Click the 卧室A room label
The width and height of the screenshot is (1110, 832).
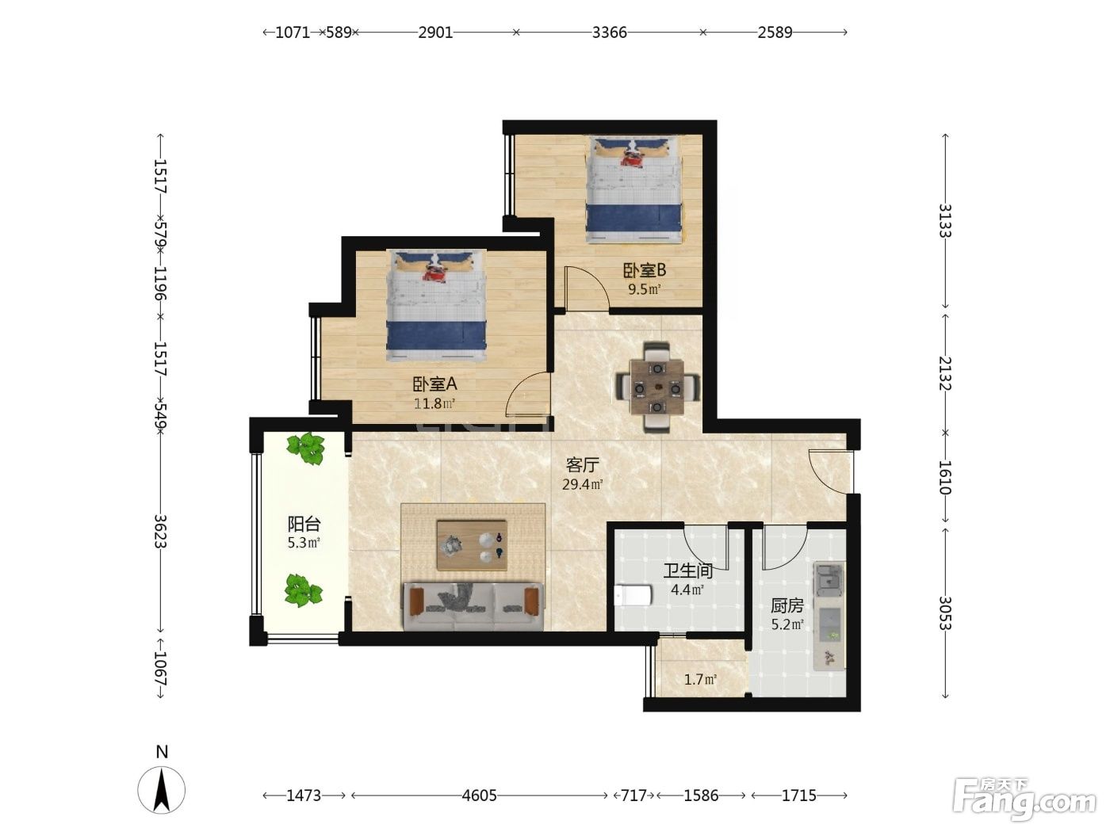click(x=435, y=384)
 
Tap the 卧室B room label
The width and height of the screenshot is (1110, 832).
click(x=644, y=271)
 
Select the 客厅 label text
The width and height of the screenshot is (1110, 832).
click(x=583, y=464)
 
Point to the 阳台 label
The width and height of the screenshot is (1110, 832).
click(x=304, y=524)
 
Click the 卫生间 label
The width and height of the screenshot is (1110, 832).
click(x=687, y=571)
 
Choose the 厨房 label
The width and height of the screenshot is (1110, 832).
click(x=787, y=605)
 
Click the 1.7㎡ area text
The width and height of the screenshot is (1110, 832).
click(x=700, y=679)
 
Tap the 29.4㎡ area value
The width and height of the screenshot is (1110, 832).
click(x=583, y=484)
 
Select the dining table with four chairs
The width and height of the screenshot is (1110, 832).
click(x=657, y=387)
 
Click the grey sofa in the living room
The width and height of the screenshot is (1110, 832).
click(x=473, y=606)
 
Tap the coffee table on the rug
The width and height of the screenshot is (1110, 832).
click(x=472, y=545)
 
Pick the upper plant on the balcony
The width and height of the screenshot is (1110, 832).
click(x=305, y=448)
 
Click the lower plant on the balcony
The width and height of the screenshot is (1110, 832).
click(x=303, y=590)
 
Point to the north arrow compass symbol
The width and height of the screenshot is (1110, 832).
click(x=161, y=789)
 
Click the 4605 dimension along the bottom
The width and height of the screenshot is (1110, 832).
click(x=479, y=796)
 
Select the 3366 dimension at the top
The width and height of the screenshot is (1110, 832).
click(x=610, y=32)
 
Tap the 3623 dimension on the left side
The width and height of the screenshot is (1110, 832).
click(x=160, y=531)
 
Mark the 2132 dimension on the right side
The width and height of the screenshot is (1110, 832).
click(x=945, y=374)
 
